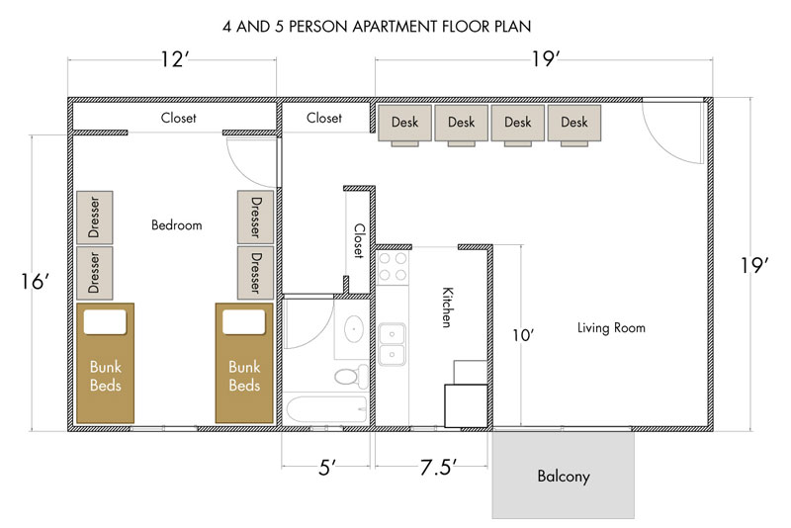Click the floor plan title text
377,27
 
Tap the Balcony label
564,476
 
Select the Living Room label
611,328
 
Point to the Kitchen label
447,308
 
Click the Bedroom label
177,224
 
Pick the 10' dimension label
523,335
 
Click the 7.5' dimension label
438,468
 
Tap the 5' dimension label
327,468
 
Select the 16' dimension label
35,282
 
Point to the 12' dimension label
175,59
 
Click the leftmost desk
404,125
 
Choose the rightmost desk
574,125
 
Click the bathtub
326,410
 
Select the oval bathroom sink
354,329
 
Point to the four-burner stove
393,267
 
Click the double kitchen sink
392,344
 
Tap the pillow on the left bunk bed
105,321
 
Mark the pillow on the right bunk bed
243,321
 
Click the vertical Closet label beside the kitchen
359,241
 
